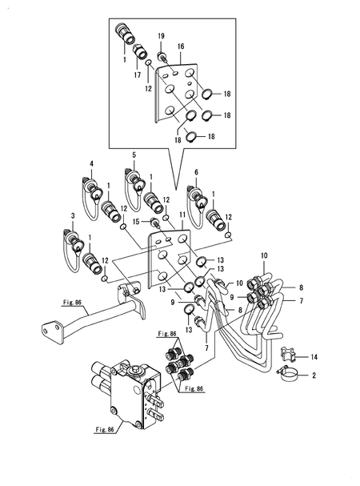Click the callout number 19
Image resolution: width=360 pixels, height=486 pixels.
161,36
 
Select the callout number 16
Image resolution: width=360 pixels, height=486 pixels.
181,46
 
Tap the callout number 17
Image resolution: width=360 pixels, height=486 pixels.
138,74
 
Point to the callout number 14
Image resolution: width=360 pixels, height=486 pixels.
314,357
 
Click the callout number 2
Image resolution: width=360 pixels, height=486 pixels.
314,376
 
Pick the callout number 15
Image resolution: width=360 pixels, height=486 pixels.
136,221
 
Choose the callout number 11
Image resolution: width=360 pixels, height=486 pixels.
182,215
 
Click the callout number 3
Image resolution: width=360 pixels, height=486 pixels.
73,215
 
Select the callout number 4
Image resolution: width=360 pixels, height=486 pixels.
92,163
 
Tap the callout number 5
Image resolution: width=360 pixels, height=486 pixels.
134,155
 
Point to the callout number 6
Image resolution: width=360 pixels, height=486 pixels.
196,172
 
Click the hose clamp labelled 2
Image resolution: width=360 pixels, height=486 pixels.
289,374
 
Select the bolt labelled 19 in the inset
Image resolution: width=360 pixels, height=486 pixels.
163,57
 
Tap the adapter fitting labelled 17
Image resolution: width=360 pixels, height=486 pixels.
141,52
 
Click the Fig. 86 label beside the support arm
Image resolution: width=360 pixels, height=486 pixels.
72,302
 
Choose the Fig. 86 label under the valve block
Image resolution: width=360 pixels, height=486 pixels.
105,430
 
